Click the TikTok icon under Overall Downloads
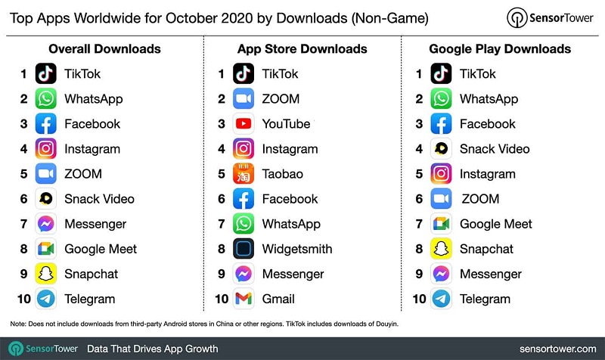point(47,74)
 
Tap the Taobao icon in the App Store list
point(244,174)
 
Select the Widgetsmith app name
point(297,249)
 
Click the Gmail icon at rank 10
point(244,299)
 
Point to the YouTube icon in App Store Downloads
point(244,124)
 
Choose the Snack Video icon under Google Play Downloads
point(441,149)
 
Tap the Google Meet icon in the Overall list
point(47,249)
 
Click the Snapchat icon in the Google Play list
point(441,249)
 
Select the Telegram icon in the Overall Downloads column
point(47,299)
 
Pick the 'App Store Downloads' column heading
point(302,49)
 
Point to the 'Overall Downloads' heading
point(104,49)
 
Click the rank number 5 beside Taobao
point(222,174)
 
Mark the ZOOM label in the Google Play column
point(480,199)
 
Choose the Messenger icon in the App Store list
point(244,274)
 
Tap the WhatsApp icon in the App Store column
point(244,224)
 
